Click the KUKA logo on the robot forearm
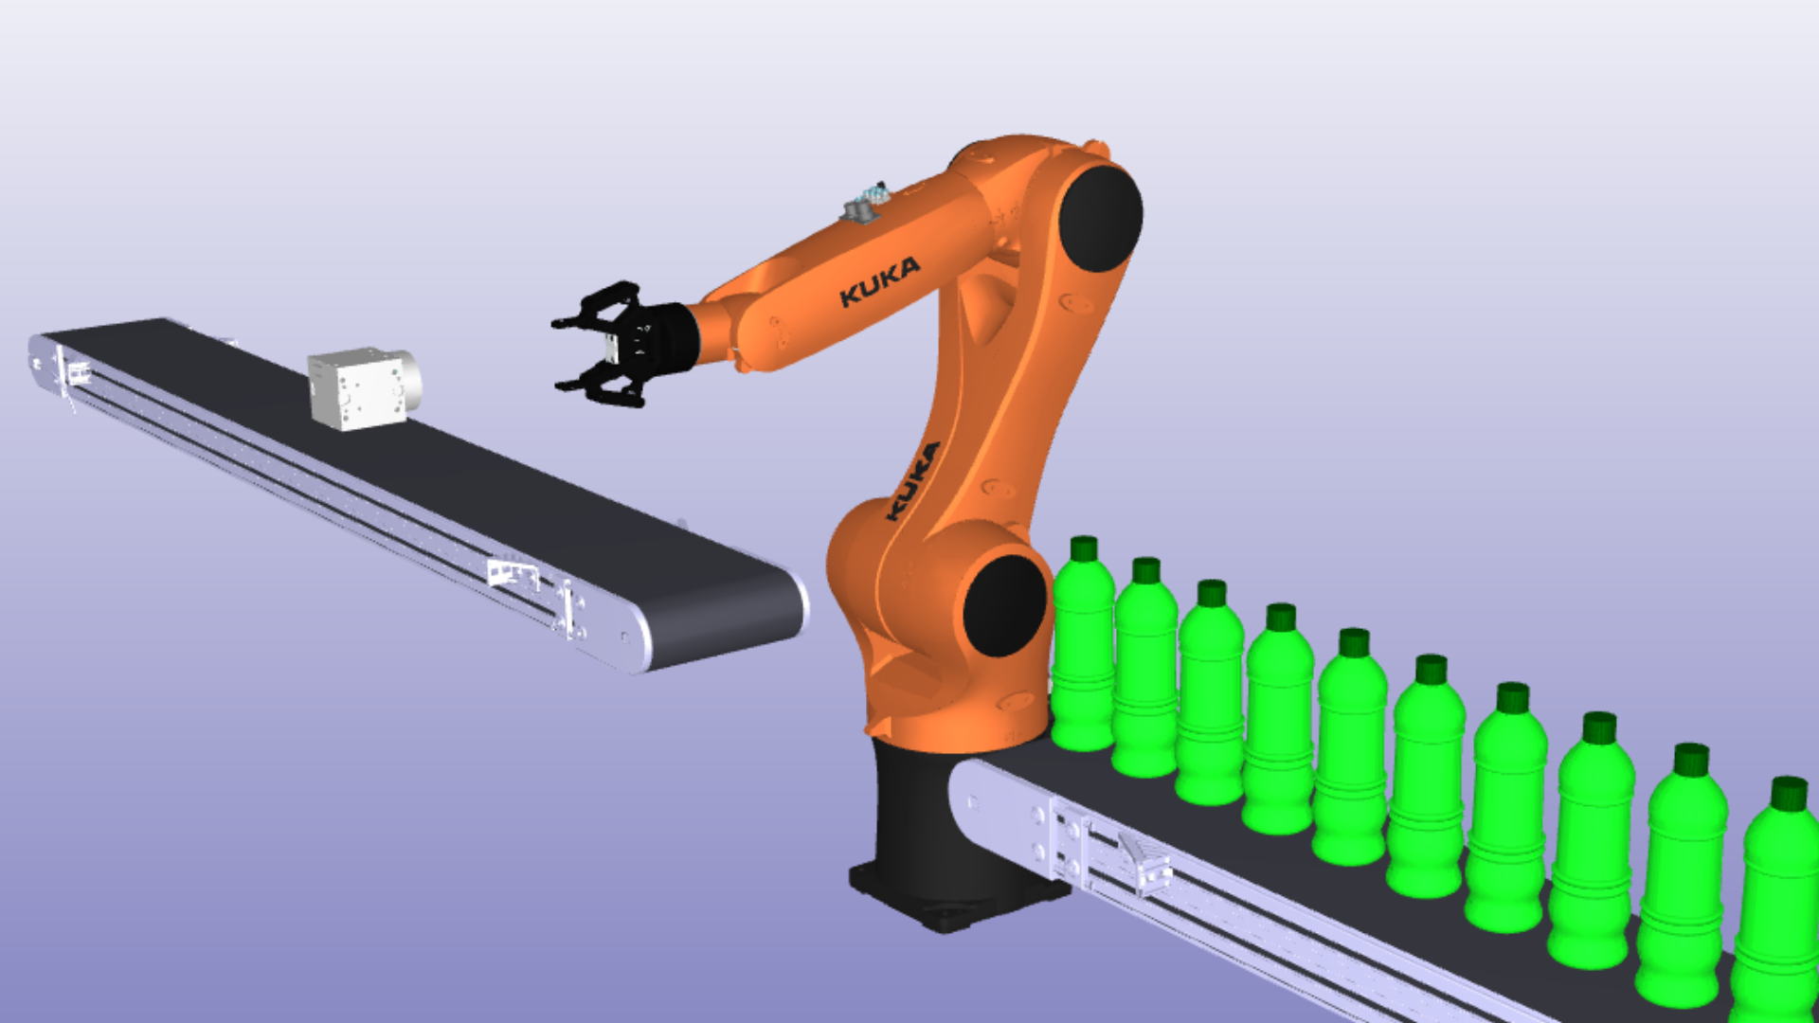(879, 281)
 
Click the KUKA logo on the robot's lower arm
(912, 481)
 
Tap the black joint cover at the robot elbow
(1100, 219)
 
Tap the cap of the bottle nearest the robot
(1084, 548)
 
